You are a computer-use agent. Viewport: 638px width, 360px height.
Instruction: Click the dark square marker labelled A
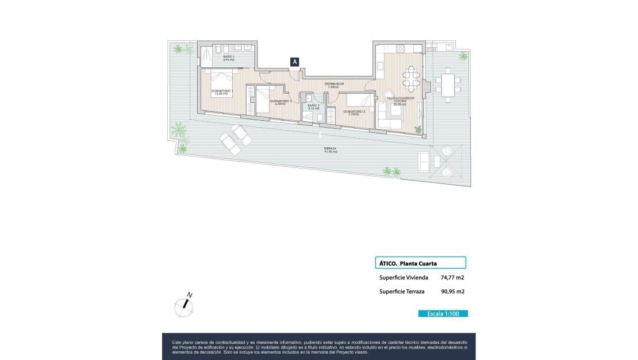[x=295, y=62]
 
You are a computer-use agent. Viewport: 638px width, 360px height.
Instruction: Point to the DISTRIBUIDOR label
[x=334, y=84]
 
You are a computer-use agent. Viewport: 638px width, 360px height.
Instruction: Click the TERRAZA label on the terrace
[x=330, y=150]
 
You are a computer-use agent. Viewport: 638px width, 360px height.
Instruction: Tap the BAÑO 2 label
[x=313, y=106]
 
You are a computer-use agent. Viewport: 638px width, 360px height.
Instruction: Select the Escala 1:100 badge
[x=443, y=313]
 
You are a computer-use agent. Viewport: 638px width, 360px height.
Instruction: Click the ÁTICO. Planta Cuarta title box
[x=420, y=263]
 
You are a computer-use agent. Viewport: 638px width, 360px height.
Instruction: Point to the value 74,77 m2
[x=452, y=277]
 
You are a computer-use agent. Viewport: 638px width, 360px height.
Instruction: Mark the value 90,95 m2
[x=452, y=292]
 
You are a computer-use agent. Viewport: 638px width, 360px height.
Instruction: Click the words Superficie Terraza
[x=402, y=292]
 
